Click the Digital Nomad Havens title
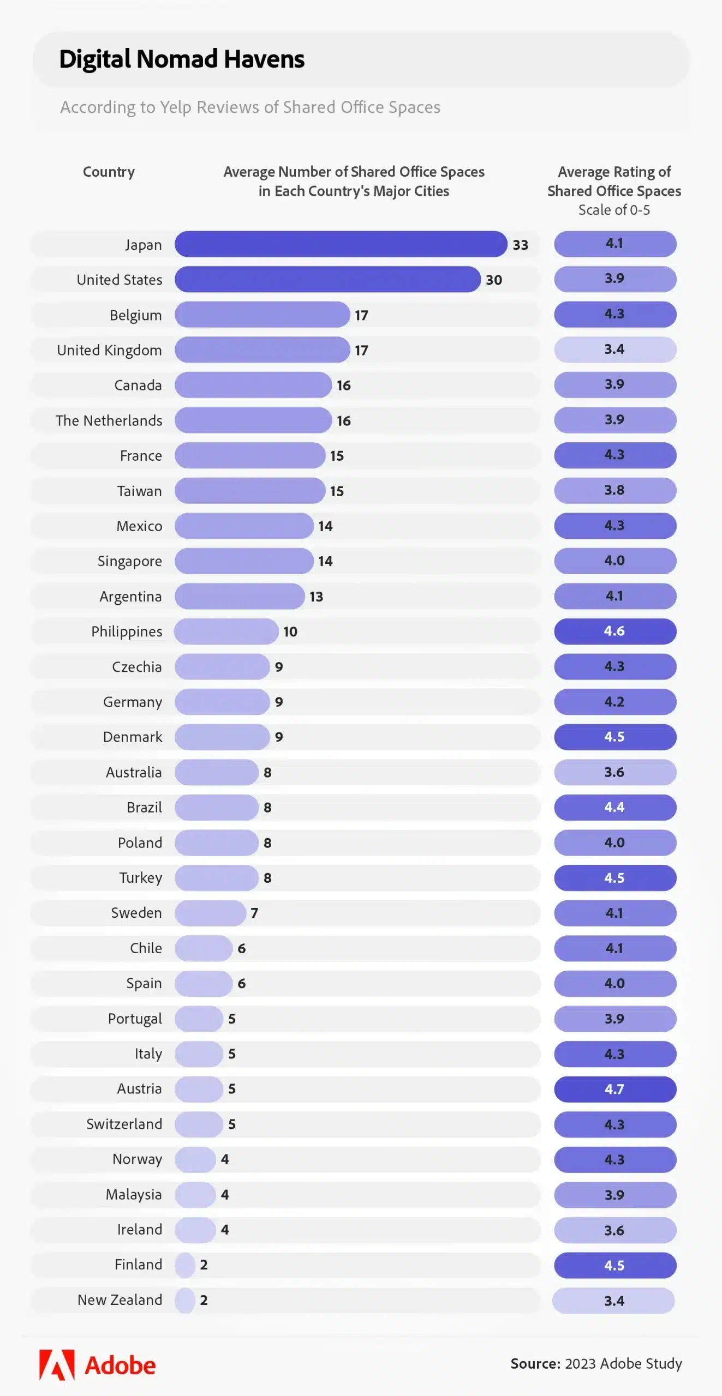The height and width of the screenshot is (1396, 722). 182,59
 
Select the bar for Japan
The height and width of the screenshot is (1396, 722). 341,244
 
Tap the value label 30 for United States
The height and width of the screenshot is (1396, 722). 493,280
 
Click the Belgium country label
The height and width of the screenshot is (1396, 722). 135,315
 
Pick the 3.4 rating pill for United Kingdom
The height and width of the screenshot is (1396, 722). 615,350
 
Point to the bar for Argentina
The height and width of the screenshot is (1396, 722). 240,596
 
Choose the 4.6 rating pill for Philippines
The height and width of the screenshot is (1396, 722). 615,631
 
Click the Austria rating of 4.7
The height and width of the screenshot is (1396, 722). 615,1089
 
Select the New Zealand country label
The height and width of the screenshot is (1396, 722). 120,1300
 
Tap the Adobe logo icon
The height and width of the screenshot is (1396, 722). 57,1365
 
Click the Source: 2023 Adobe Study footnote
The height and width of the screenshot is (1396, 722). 596,1363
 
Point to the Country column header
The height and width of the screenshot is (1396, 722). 109,172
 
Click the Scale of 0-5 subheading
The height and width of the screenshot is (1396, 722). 614,210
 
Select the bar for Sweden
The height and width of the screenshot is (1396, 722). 210,913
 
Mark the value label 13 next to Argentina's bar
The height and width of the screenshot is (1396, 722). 316,597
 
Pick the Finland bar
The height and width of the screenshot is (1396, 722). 185,1265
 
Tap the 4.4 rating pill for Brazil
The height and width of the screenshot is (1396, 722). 615,807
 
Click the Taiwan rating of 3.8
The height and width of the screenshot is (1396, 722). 615,490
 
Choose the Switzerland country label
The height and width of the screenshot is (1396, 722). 124,1124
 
